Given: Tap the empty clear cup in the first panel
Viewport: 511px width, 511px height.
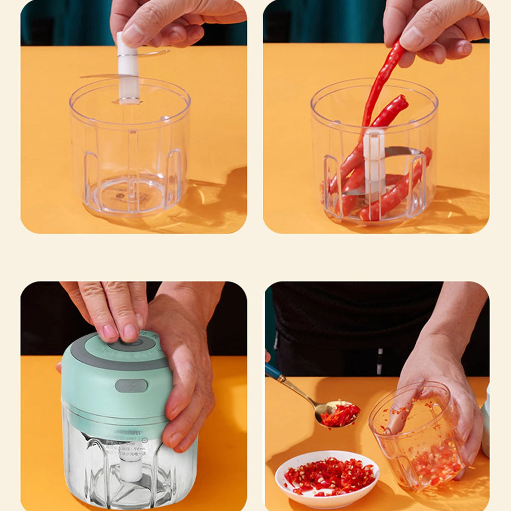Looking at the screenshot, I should click(130, 150).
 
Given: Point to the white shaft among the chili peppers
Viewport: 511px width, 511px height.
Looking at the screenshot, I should click(374, 160).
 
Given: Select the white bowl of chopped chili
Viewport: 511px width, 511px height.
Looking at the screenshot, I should click(327, 479).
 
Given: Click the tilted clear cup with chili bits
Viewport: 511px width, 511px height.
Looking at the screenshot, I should click(419, 434).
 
